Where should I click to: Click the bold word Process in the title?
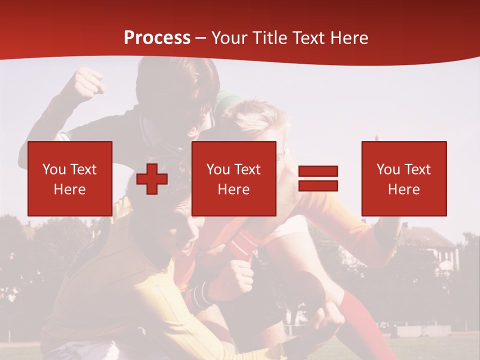[x=157, y=37]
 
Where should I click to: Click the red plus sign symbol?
[x=152, y=179]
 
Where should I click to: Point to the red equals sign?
[x=318, y=178]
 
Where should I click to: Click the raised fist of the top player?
[x=88, y=83]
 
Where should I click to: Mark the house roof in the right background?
[x=425, y=235]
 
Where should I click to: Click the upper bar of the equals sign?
[x=318, y=171]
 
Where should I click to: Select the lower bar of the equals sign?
[x=318, y=185]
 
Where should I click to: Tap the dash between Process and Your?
[x=201, y=38]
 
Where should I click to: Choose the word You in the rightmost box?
[x=388, y=169]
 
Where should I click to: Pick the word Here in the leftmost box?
[x=70, y=189]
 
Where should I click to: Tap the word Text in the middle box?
[x=248, y=169]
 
